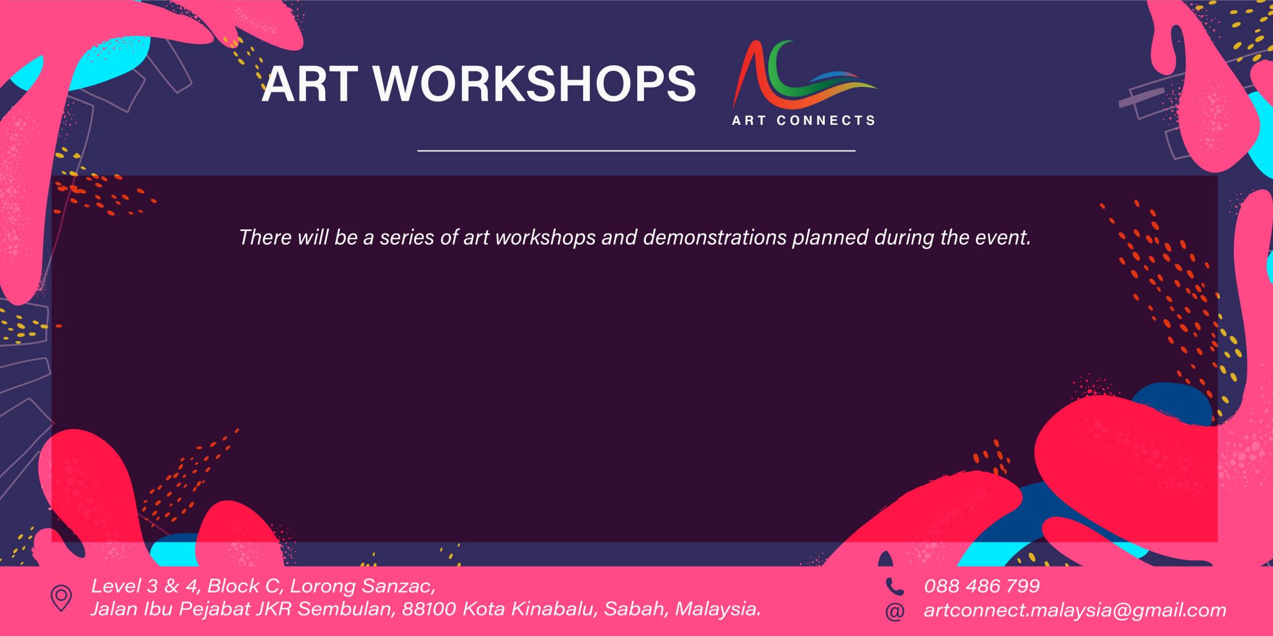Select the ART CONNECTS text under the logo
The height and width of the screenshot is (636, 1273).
pos(804,120)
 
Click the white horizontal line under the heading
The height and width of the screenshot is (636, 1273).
pos(636,150)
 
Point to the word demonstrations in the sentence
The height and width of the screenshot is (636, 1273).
pos(715,237)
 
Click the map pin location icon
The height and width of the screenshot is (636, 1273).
pos(61,598)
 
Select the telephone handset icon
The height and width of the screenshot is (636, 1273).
pos(894,586)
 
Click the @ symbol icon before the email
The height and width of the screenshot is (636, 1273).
pos(894,611)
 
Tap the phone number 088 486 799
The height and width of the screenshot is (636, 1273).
pos(981,586)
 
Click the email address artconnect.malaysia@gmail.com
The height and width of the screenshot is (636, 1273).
pos(1075,611)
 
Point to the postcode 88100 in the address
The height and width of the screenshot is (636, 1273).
pos(429,609)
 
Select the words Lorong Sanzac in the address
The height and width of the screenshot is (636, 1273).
pos(362,586)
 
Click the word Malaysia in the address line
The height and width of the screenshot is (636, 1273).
pos(718,609)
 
